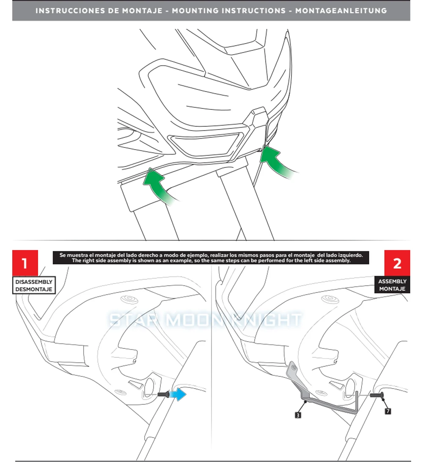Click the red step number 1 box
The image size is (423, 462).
[x=25, y=263]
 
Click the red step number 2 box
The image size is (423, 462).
[x=397, y=263]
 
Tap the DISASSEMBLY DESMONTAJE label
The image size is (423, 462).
[x=34, y=285]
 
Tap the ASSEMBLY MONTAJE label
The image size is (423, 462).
[x=392, y=285]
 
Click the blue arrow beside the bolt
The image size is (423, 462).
[x=180, y=394]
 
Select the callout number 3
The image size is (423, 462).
[x=298, y=416]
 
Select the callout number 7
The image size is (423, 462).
[x=388, y=411]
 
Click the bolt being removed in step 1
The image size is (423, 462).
[x=163, y=395]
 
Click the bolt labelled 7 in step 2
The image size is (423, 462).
[x=377, y=395]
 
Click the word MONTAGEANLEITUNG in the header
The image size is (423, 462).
[x=341, y=11]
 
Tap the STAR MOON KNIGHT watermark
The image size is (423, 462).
[x=206, y=320]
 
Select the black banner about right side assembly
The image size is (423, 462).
[x=211, y=258]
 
